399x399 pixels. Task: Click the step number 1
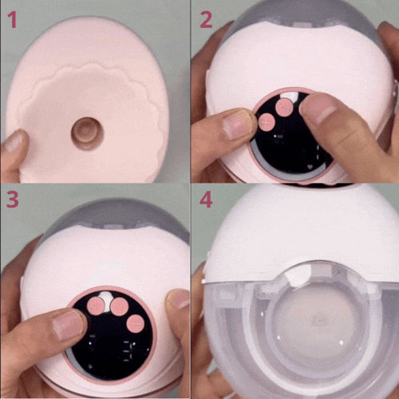point(12,20)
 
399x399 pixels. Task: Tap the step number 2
point(206,20)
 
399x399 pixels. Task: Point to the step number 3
point(12,199)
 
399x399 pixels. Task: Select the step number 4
point(207,200)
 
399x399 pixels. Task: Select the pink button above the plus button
point(284,107)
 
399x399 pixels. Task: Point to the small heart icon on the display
point(310,167)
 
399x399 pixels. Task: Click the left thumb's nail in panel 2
point(238,124)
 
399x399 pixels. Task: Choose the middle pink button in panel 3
point(120,306)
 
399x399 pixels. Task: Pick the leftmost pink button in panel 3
point(96,306)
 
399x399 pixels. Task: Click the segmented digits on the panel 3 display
point(129,351)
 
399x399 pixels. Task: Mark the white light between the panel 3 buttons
point(106,301)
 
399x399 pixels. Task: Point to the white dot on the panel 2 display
point(275,136)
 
